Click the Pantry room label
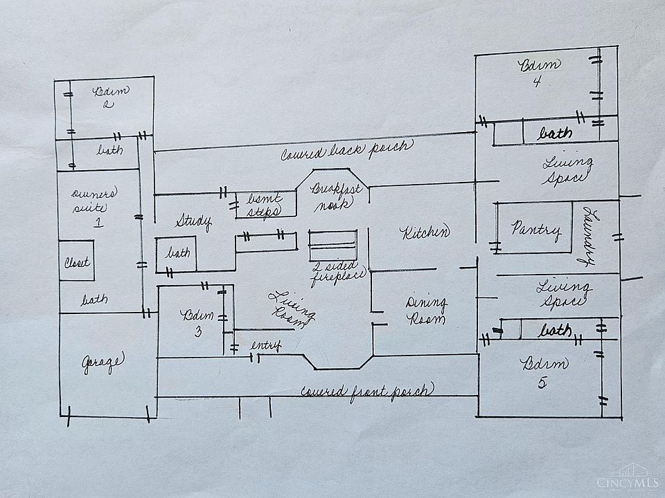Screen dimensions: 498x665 pyautogui.click(x=535, y=230)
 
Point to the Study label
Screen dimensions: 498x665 pyautogui.click(x=193, y=222)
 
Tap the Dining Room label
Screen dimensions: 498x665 pyautogui.click(x=426, y=311)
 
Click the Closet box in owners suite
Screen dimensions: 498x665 pyautogui.click(x=76, y=261)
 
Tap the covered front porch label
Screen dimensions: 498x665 pyautogui.click(x=366, y=391)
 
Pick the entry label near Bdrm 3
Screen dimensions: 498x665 pyautogui.click(x=265, y=346)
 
